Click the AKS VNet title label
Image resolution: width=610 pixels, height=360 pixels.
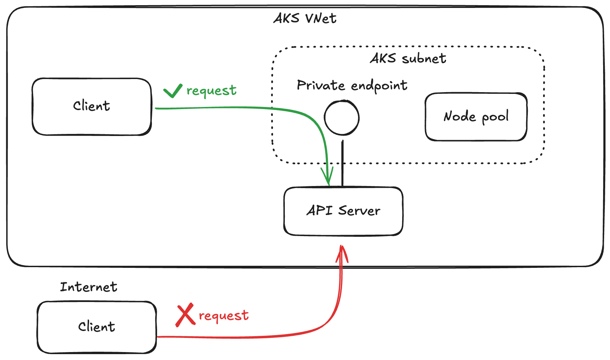[305, 18]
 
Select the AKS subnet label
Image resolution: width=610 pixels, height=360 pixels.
[408, 58]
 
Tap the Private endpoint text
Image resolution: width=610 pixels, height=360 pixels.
[352, 85]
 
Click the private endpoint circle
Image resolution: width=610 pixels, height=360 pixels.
[342, 118]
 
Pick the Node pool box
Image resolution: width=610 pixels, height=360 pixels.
[476, 117]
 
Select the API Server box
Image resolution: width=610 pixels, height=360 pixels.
[343, 211]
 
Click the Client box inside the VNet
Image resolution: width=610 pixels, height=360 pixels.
[92, 106]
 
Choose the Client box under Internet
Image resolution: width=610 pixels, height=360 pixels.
[97, 327]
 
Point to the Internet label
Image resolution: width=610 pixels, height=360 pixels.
[89, 287]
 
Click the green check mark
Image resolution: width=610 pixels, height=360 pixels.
[173, 91]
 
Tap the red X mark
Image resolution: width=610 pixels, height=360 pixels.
[185, 314]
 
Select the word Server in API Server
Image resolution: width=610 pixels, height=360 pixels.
[359, 211]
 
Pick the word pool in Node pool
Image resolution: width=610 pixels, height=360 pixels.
[495, 117]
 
